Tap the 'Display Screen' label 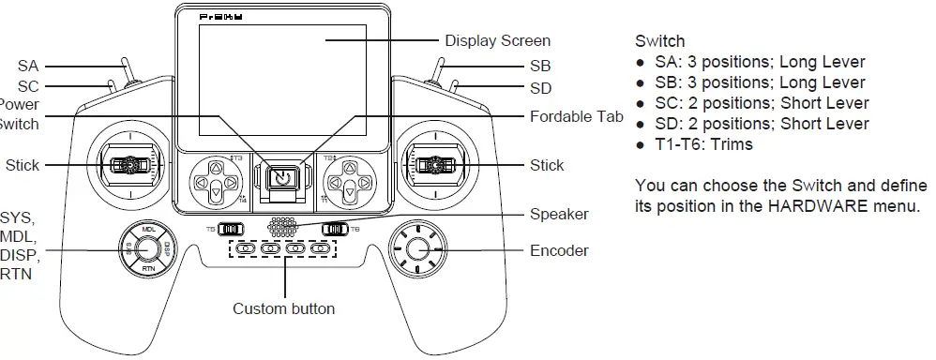497,40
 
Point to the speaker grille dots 284,227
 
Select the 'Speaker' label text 559,214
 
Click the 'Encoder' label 559,250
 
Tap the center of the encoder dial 419,248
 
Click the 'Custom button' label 283,308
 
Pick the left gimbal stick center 126,166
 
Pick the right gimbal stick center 433,166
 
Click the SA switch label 28,67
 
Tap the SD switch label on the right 540,88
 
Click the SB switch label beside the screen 540,67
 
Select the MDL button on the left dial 148,230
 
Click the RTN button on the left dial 148,268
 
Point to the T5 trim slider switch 230,228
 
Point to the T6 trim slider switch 335,228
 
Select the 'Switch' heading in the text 660,41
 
